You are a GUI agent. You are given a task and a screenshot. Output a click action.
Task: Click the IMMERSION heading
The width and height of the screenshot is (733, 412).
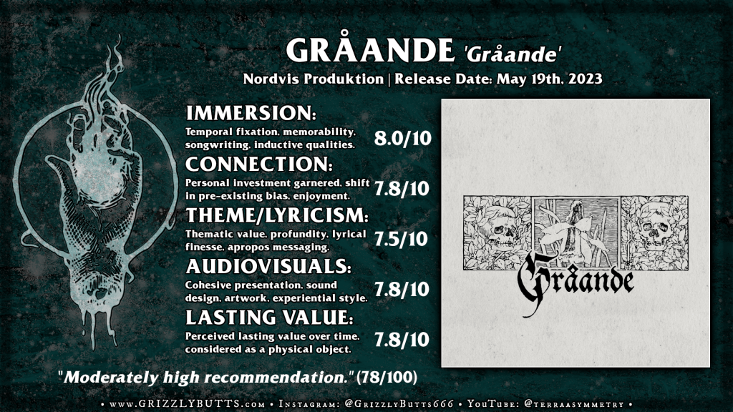tap(251, 113)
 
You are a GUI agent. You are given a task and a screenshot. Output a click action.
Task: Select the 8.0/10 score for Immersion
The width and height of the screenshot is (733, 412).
tap(402, 138)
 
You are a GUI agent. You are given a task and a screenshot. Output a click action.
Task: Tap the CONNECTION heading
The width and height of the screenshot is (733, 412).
tap(259, 164)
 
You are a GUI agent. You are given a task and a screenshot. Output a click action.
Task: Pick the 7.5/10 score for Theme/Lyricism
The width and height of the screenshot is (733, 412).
tap(401, 239)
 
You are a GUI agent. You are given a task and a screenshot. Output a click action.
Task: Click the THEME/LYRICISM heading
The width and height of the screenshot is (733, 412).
tap(277, 215)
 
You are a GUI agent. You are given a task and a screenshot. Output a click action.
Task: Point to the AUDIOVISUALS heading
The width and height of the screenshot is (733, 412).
tap(268, 266)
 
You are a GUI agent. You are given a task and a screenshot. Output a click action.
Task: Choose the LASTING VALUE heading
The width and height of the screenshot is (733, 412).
tap(269, 318)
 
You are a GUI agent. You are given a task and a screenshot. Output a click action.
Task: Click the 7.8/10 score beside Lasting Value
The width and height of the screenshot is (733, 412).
tap(402, 340)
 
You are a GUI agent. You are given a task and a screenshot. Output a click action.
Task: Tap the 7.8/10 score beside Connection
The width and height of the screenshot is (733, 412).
tap(402, 189)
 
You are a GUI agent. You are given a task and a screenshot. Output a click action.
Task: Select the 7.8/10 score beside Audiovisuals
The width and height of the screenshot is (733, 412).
tap(402, 289)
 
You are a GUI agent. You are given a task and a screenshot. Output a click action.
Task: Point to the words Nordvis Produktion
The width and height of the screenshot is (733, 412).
tap(314, 79)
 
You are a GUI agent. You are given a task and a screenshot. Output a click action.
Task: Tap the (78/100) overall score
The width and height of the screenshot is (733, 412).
tap(387, 377)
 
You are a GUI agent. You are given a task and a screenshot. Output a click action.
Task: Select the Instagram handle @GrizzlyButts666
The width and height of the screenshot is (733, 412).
tap(399, 403)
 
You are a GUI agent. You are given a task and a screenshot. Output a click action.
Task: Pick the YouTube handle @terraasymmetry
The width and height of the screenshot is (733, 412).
tap(573, 404)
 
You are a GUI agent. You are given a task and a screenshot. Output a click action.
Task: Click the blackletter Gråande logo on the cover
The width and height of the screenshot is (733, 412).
tap(575, 283)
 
